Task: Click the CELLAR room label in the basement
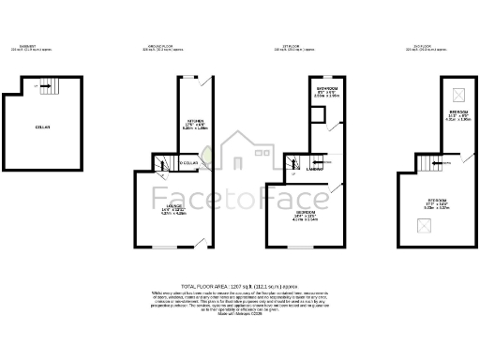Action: click(x=42, y=127)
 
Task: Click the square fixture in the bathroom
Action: click(x=320, y=115)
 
